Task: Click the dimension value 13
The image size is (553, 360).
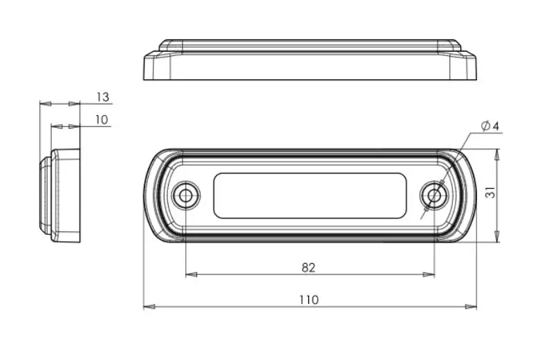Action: [102, 97]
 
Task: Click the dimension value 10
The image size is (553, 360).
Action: [102, 120]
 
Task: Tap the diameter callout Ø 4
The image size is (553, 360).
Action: [490, 126]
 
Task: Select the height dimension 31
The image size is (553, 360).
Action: [491, 193]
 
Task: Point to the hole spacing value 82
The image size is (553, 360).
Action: [308, 268]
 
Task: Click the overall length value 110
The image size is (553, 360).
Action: [309, 300]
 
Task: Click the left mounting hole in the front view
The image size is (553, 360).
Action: [185, 195]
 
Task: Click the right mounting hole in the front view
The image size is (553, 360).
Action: [435, 195]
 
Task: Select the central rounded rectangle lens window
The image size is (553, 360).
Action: [310, 196]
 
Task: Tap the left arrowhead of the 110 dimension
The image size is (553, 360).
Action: [149, 307]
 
